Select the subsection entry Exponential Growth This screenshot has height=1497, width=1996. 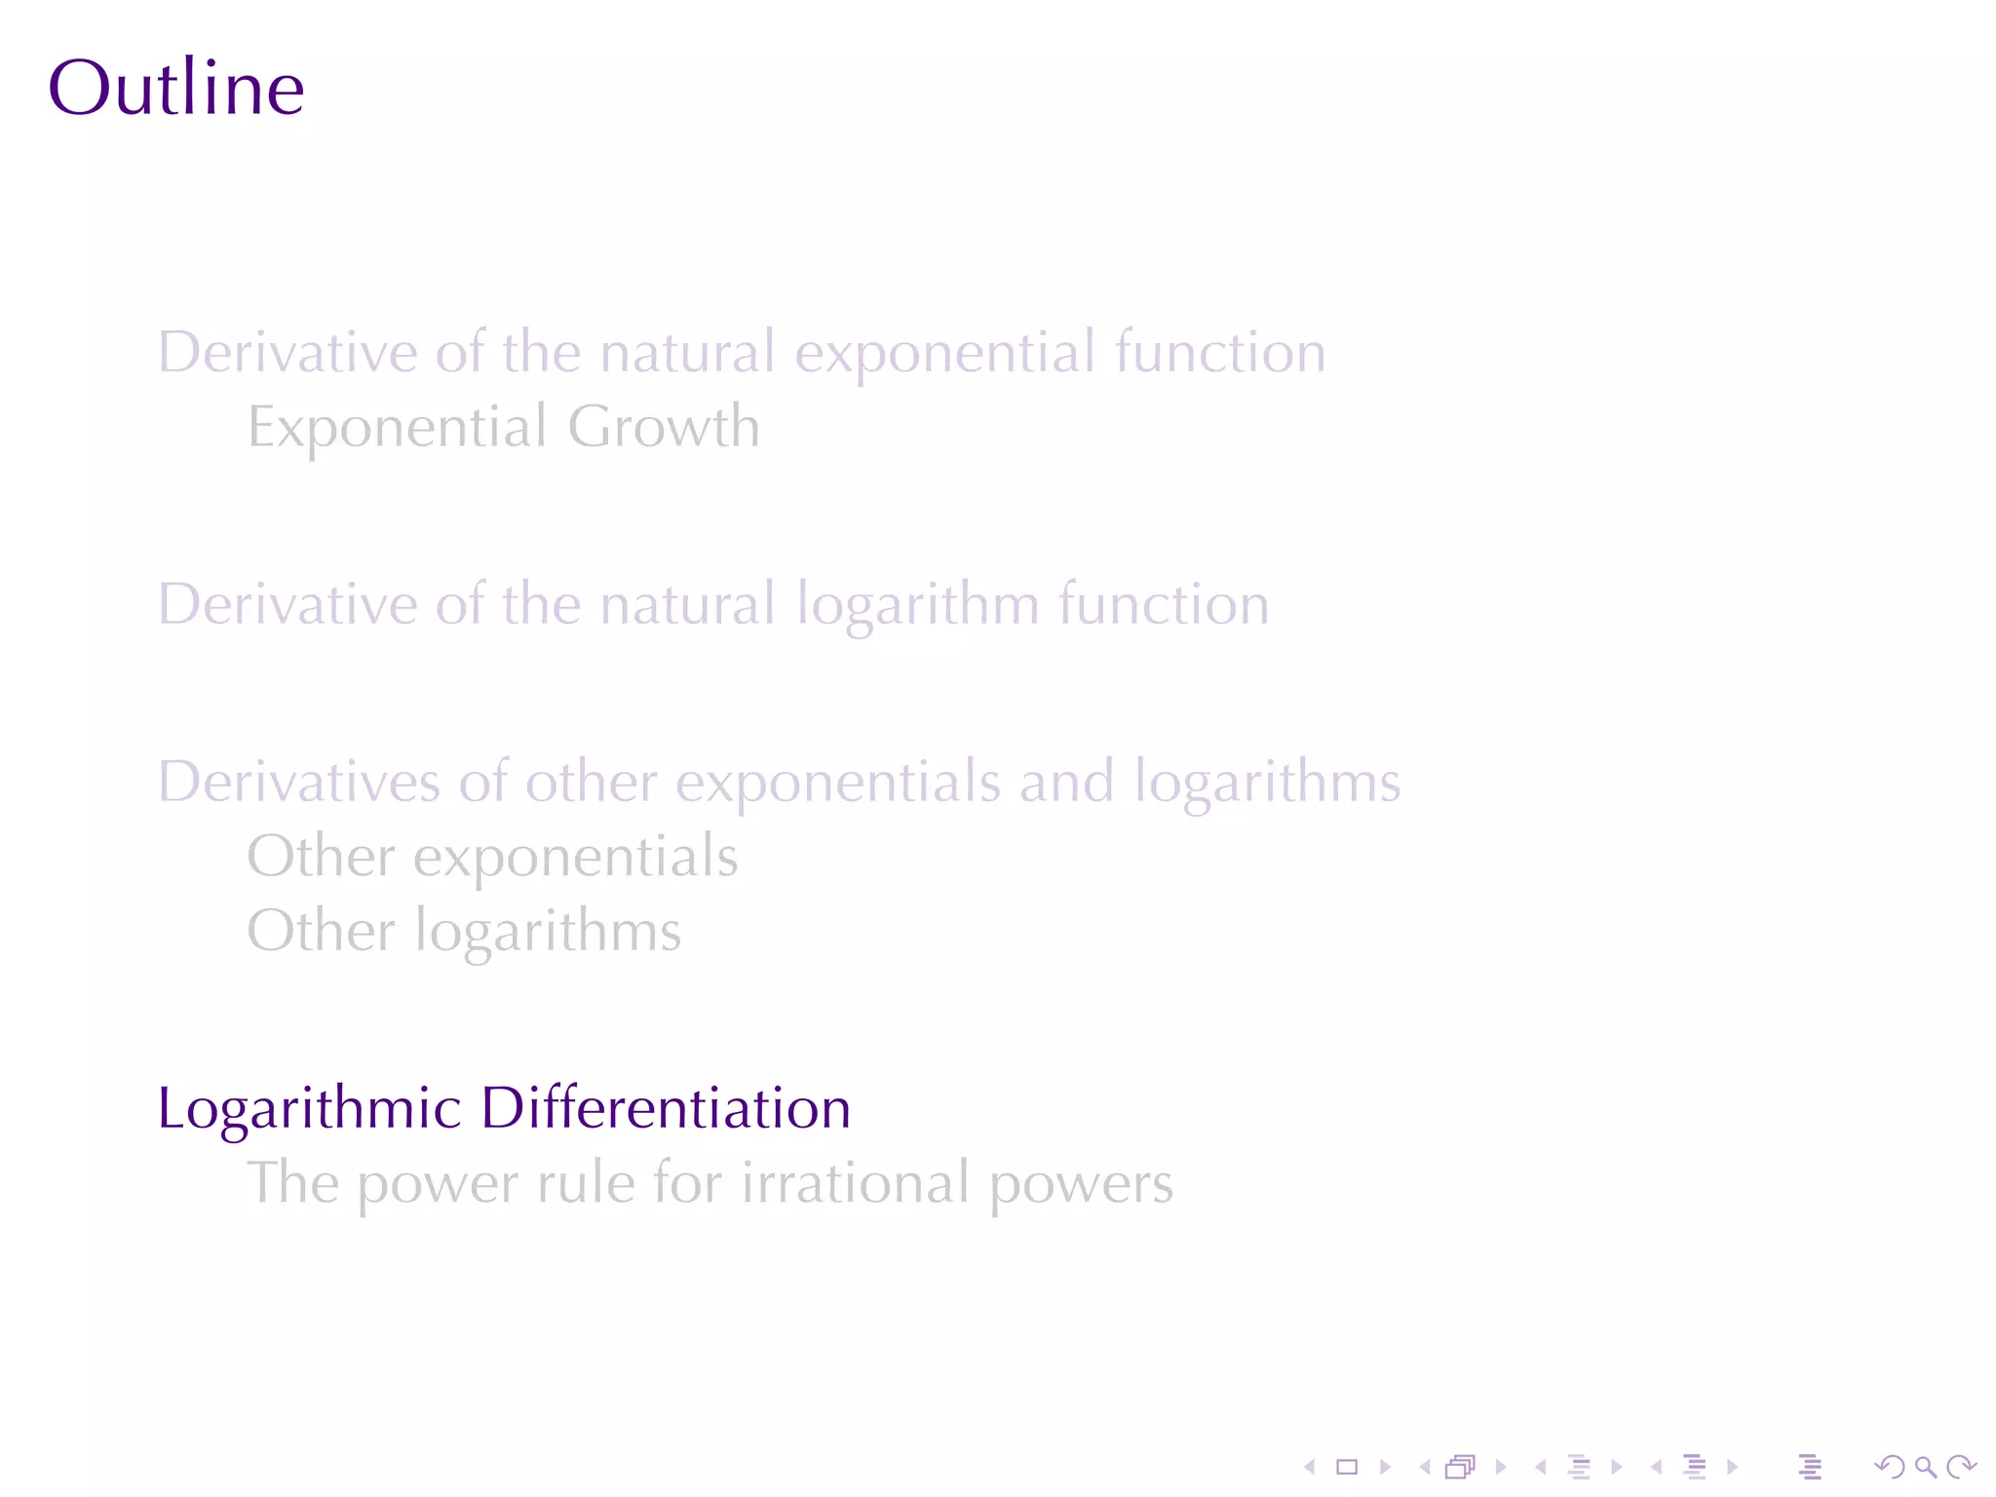click(503, 427)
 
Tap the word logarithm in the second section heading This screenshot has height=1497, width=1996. click(917, 605)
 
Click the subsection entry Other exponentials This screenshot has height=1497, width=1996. click(492, 857)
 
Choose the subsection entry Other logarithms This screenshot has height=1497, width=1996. click(464, 931)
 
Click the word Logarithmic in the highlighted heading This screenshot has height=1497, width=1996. click(309, 1109)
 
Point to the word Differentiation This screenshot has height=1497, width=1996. click(666, 1108)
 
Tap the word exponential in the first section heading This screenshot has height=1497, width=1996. click(944, 353)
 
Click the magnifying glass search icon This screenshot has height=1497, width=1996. click(1925, 1467)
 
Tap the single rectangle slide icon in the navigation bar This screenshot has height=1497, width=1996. click(1347, 1467)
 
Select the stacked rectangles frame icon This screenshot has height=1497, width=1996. click(1460, 1467)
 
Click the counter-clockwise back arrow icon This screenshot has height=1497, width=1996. click(1889, 1467)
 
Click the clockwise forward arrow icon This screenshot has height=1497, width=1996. click(1961, 1467)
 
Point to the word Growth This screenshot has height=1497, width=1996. click(664, 427)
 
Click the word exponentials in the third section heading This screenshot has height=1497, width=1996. click(837, 783)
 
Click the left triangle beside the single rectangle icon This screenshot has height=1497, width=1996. click(1310, 1467)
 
